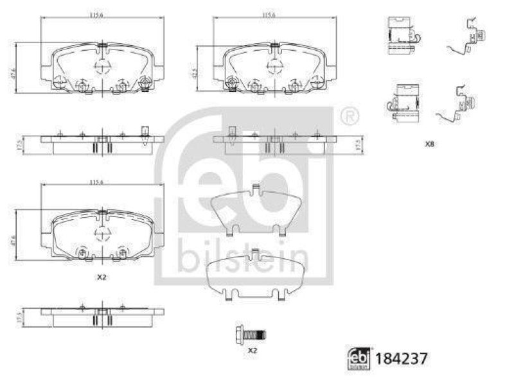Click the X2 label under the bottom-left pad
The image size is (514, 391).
coord(101,277)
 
